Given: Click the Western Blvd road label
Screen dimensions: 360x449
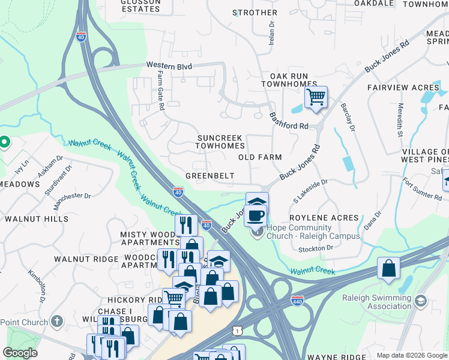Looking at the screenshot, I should pos(168,65).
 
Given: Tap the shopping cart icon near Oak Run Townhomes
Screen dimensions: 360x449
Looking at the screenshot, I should pos(316,97).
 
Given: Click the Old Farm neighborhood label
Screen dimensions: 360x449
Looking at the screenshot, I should pos(260,157).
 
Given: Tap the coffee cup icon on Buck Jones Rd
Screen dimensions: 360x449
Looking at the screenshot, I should pos(256,215).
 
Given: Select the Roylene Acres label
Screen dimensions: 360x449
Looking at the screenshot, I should pos(324,218).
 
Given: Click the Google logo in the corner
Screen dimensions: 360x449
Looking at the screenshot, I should pos(20,353).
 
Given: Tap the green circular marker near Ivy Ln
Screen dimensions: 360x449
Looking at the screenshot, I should pos(4,142).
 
